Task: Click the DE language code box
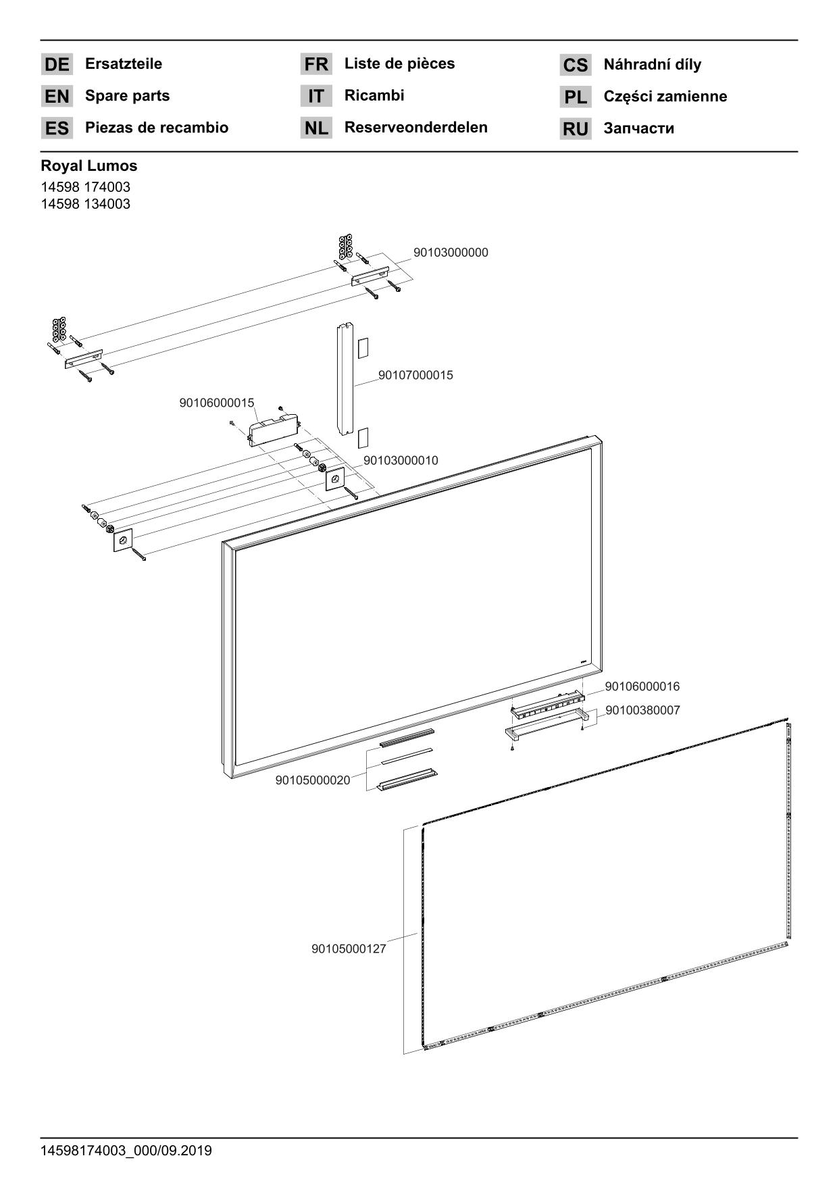[x=57, y=65]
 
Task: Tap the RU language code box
[x=575, y=129]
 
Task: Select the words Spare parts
[x=127, y=96]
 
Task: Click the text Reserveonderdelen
[x=415, y=128]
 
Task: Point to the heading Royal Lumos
[x=88, y=166]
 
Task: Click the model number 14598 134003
[x=85, y=204]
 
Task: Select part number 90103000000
[x=451, y=253]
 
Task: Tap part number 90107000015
[x=415, y=375]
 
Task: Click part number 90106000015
[x=217, y=403]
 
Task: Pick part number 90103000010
[x=401, y=461]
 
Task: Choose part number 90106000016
[x=642, y=687]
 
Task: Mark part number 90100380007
[x=642, y=711]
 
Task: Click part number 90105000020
[x=313, y=781]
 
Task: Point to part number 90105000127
[x=349, y=949]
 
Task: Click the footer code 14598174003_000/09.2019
[x=126, y=1151]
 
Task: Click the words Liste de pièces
[x=399, y=64]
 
